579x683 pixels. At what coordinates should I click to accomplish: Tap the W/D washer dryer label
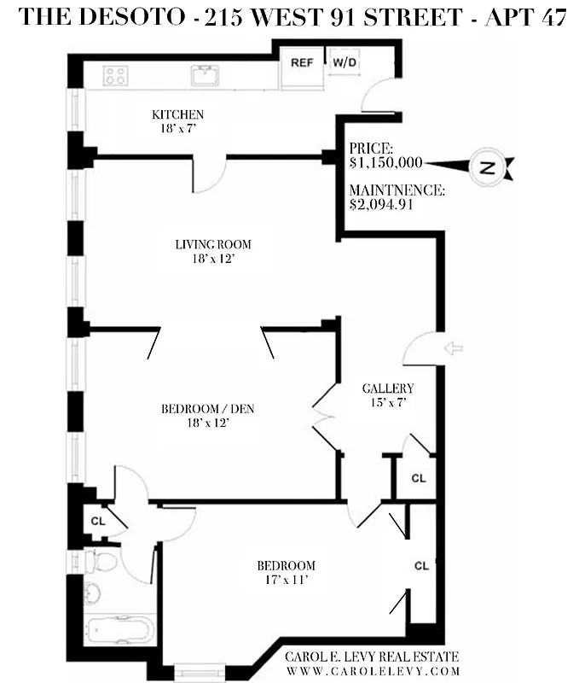pyautogui.click(x=344, y=63)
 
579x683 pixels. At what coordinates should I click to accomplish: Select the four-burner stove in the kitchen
pyautogui.click(x=115, y=75)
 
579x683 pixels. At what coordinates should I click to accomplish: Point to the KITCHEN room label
pyautogui.click(x=177, y=114)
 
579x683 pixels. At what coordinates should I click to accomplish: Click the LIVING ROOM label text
pyautogui.click(x=213, y=244)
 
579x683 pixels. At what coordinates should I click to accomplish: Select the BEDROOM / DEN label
pyautogui.click(x=207, y=409)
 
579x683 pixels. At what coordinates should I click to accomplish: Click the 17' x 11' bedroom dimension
pyautogui.click(x=287, y=580)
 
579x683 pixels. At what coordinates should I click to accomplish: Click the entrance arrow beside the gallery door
pyautogui.click(x=455, y=348)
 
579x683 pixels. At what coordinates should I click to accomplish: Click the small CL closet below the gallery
pyautogui.click(x=418, y=479)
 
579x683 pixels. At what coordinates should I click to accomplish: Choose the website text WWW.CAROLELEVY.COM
pyautogui.click(x=371, y=671)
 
